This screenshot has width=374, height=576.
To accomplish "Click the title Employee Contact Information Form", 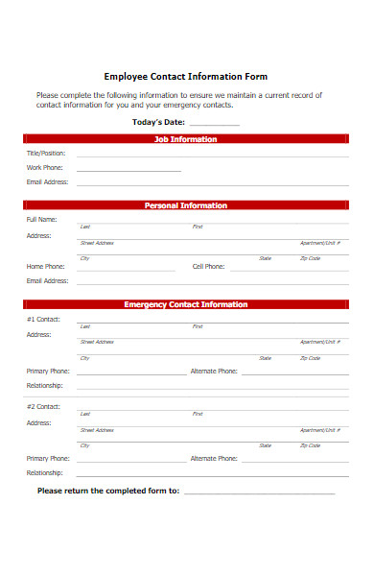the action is coord(186,76).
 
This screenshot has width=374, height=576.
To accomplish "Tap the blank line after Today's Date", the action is coord(215,125).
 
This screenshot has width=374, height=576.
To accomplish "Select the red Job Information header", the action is coord(186,139).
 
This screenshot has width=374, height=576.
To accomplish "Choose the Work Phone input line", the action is coord(129,170).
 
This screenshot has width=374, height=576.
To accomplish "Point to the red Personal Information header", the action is coord(186,205).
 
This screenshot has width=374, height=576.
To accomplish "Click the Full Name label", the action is coord(42,220).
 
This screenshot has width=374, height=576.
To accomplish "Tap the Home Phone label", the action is coord(46,266).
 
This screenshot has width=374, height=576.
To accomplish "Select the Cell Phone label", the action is coord(208,266).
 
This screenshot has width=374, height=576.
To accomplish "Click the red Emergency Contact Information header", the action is coord(186,304).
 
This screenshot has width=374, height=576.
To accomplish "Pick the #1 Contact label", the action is coord(43,319).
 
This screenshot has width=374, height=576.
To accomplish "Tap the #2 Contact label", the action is coord(43,406).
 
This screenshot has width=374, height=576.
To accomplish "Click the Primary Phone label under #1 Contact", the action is coord(48,371).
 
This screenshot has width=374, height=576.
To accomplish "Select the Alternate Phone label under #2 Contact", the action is coord(214,458).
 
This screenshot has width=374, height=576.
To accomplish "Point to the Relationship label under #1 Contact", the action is coord(45,385).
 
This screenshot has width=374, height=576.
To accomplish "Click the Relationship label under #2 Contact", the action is coord(45,472).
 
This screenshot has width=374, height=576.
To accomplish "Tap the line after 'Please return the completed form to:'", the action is coord(259,492).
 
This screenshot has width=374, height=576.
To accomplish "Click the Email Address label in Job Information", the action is coord(47,181).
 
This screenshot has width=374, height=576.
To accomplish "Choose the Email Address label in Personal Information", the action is coord(47,280).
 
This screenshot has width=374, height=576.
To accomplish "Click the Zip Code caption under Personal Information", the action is coord(310,258).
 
